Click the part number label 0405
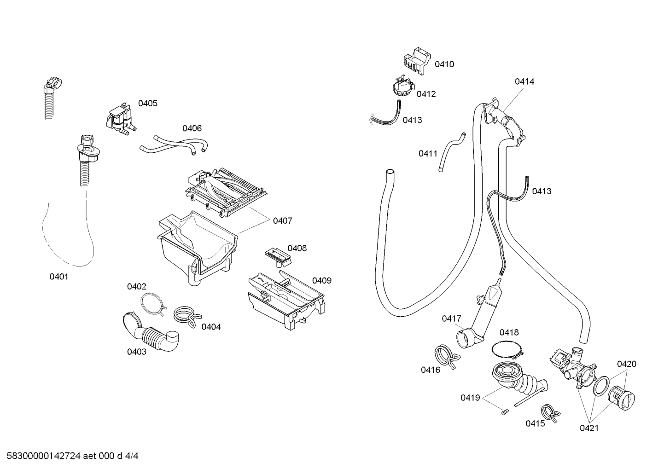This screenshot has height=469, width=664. point(148,104)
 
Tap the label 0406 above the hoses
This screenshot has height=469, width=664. point(192,128)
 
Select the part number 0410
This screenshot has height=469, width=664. point(444,64)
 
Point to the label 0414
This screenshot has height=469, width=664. point(524,82)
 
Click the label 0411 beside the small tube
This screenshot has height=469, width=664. point(428,154)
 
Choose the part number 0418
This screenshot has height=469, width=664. point(509,332)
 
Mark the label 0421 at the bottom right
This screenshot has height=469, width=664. point(589,428)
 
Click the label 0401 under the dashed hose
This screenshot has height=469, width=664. point(59,277)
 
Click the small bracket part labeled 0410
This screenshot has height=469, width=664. point(418,60)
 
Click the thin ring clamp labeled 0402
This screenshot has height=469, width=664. point(152,304)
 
